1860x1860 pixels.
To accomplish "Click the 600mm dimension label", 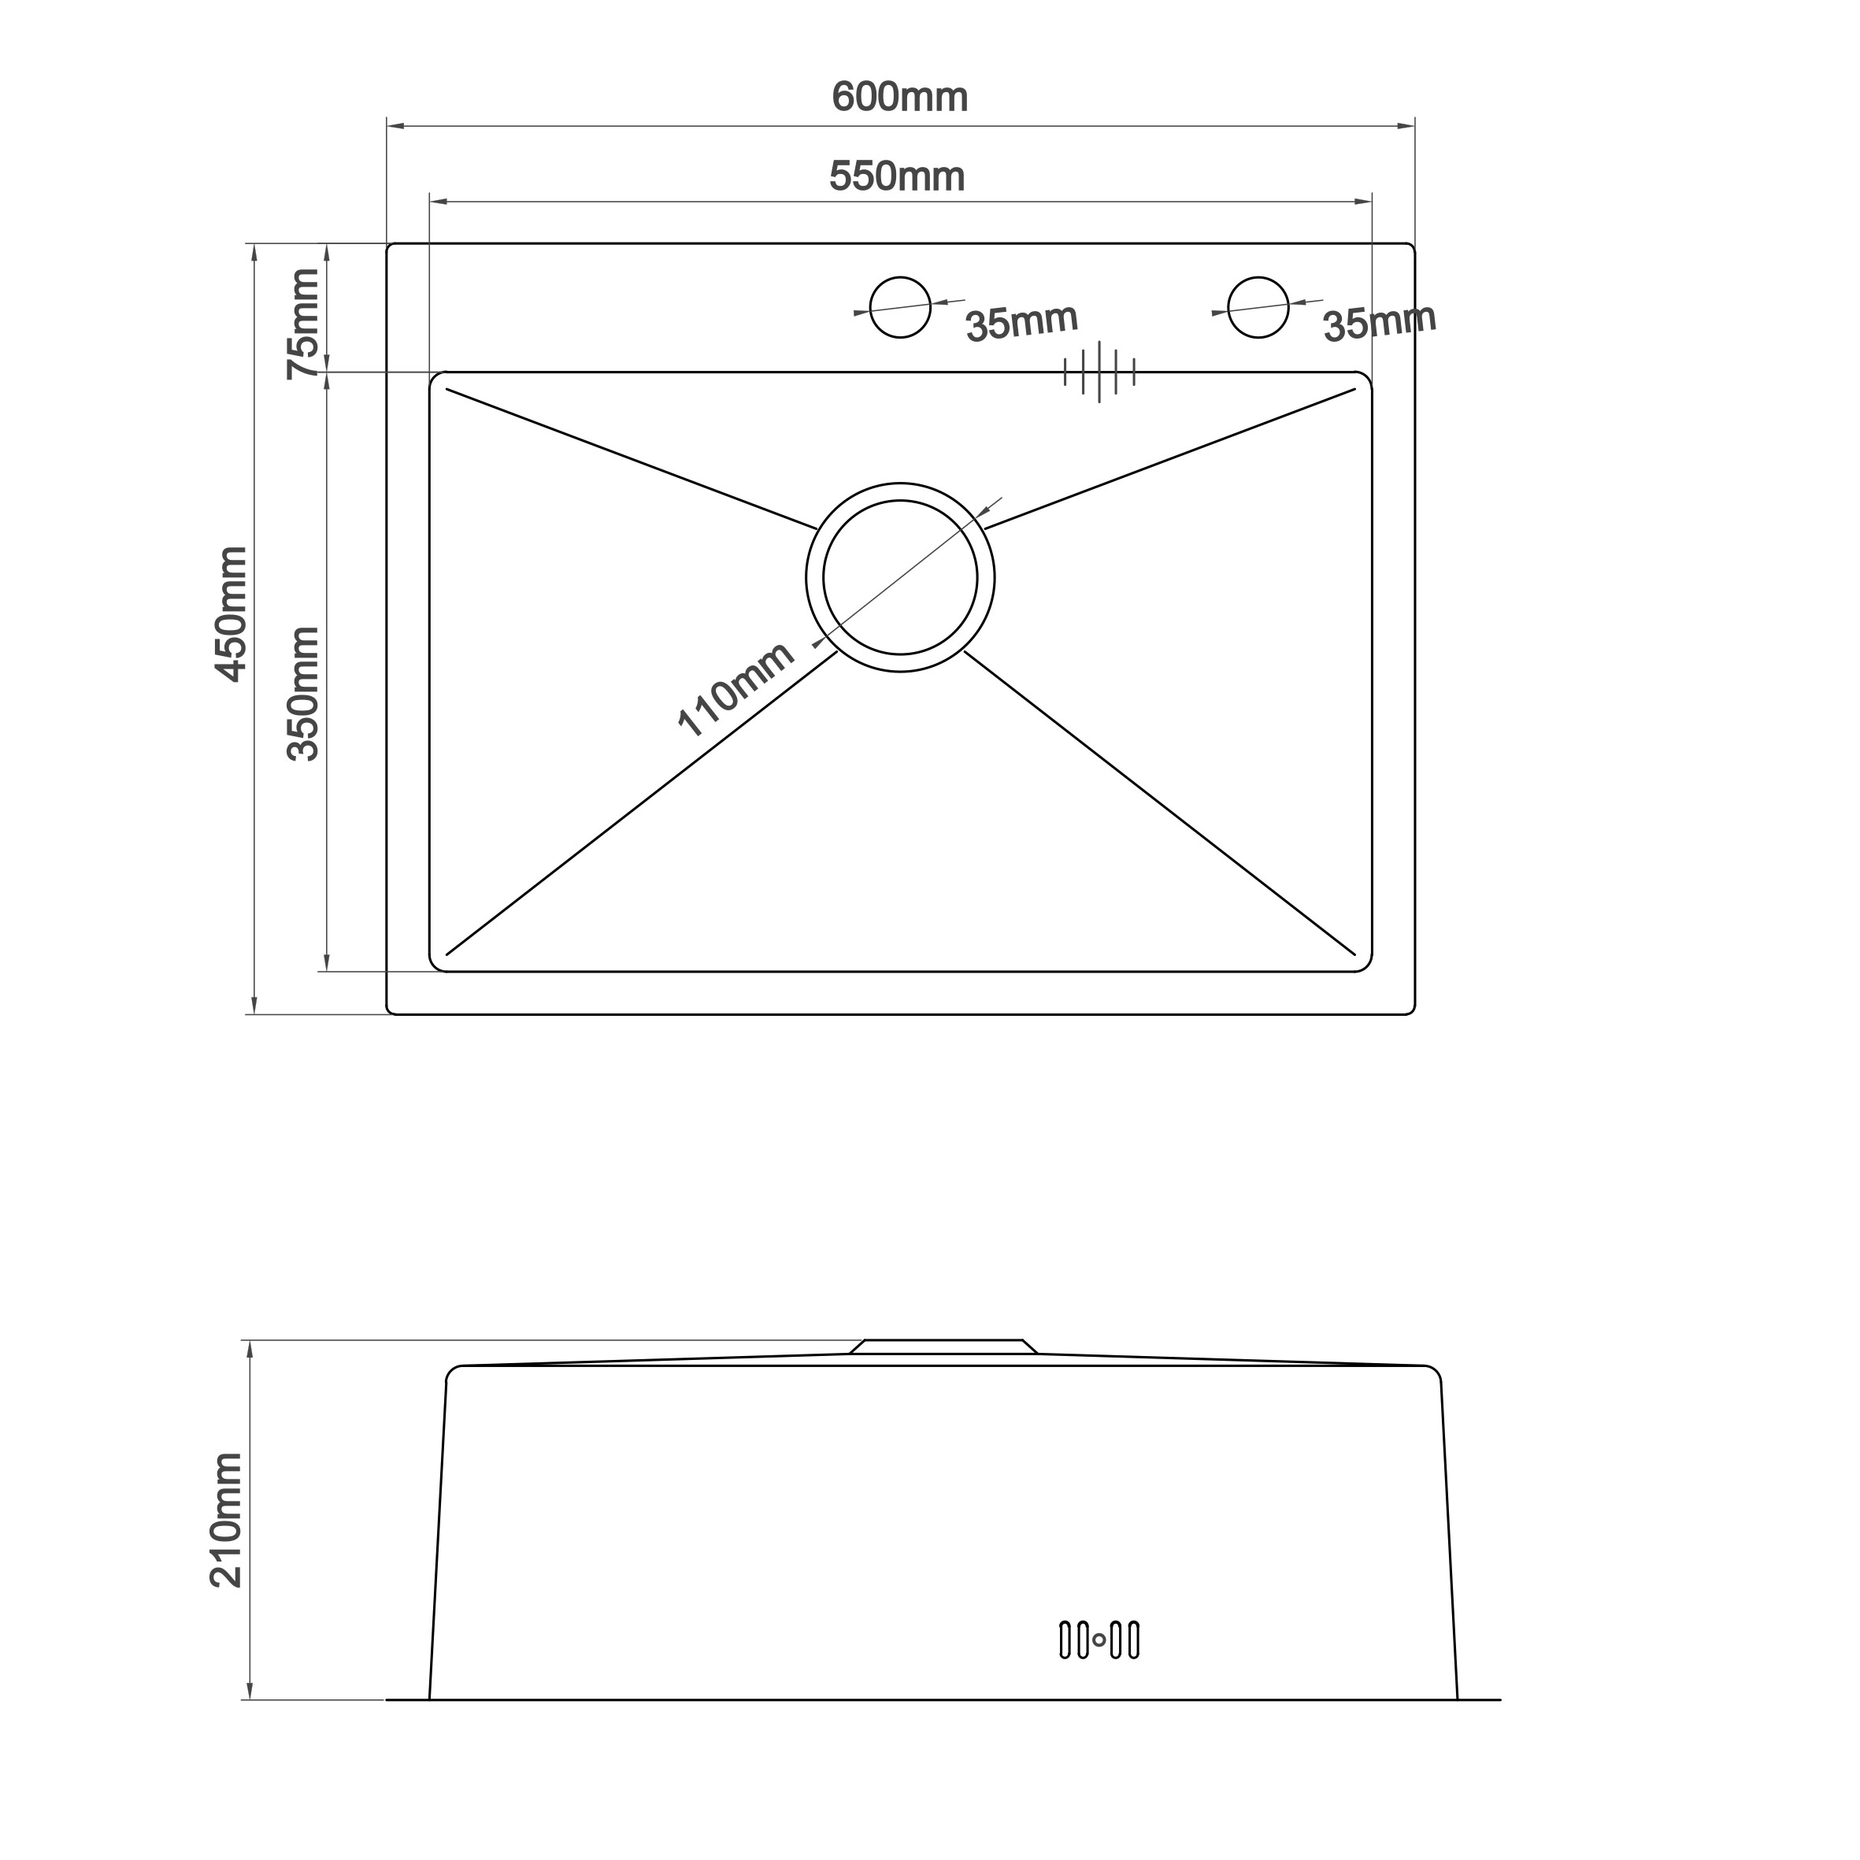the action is [x=899, y=97].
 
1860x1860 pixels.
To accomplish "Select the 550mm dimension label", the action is [x=896, y=176].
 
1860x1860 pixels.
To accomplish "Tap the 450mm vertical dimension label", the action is [x=231, y=614].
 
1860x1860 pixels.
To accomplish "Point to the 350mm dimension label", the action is [x=303, y=693].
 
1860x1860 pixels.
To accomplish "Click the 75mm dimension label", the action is [x=303, y=324].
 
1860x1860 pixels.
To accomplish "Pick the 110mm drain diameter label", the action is [x=735, y=688].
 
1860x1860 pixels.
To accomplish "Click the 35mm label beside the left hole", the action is [x=1021, y=323].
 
